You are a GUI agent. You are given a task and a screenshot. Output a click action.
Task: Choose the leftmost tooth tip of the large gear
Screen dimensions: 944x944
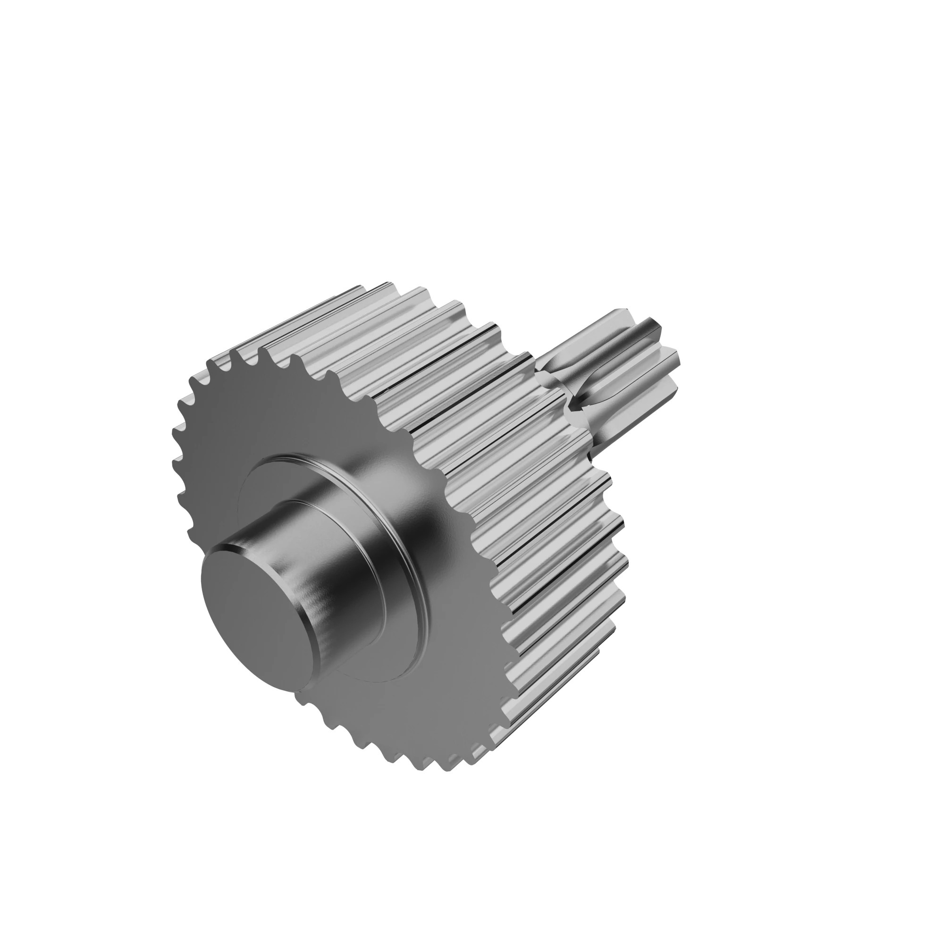tap(175, 432)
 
